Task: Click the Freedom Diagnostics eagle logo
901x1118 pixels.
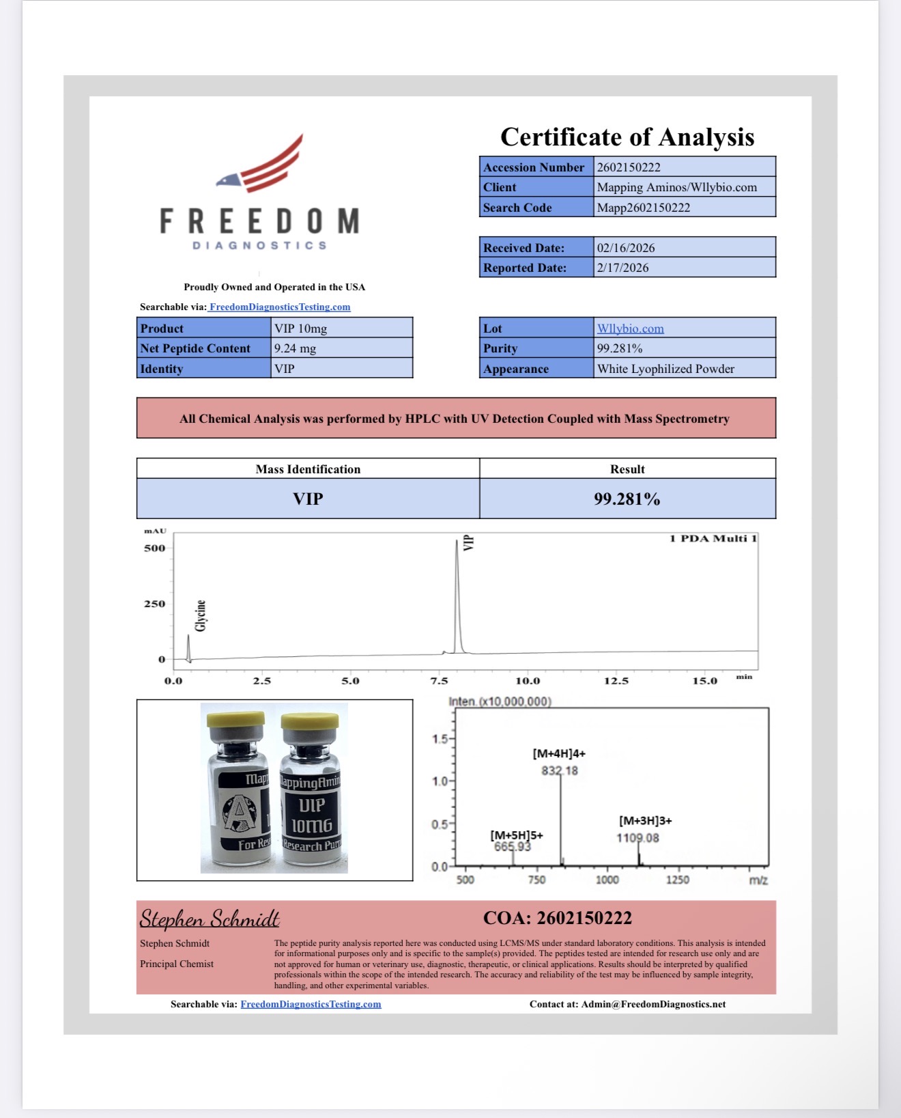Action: coord(260,164)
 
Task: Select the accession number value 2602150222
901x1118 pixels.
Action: coord(629,167)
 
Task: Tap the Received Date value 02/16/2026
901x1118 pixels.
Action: coord(626,248)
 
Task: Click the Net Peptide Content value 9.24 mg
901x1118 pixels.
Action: coord(295,348)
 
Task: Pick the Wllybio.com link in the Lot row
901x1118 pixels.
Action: coord(630,329)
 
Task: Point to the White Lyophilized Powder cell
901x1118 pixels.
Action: coord(666,369)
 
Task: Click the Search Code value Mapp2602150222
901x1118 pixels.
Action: coord(643,208)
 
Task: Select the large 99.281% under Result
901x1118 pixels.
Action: coord(627,499)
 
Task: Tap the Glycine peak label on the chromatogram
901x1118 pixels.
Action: coord(201,615)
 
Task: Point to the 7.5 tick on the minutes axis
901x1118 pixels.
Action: coord(439,681)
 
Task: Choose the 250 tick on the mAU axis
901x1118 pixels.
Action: coord(155,604)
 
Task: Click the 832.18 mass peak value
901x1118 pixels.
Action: coord(560,771)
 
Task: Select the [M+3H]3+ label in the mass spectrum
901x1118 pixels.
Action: coord(645,821)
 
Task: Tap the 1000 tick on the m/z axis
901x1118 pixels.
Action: coord(607,880)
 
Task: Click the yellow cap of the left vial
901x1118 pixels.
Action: coord(235,719)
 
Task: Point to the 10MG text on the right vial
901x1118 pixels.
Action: coord(312,826)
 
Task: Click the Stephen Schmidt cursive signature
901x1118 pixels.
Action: coord(210,919)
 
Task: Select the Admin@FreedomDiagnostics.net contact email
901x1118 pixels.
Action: coord(653,1004)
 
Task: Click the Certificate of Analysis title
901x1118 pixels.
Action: coord(627,137)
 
